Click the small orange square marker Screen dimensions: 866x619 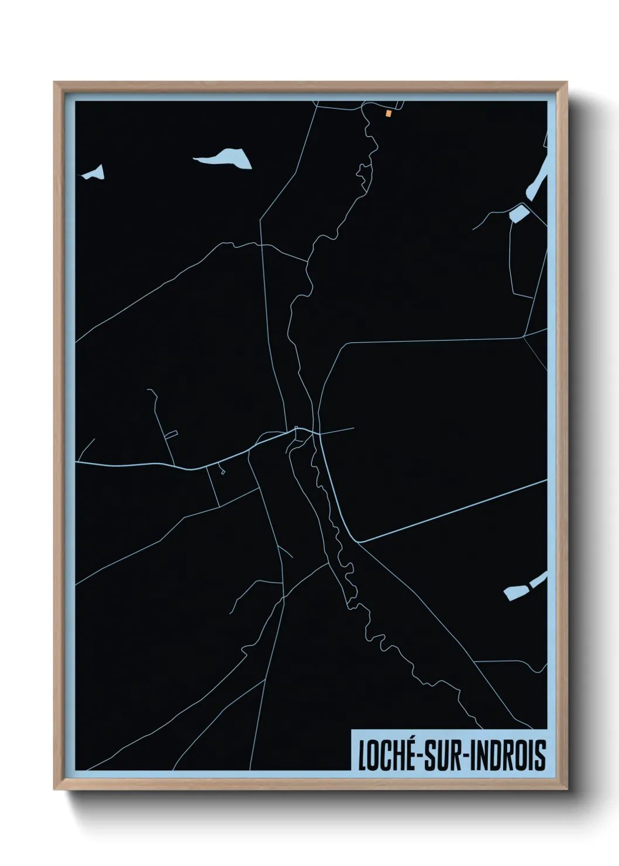coord(388,114)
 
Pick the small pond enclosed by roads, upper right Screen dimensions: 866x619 coord(518,214)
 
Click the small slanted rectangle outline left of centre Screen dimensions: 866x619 coord(171,434)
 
